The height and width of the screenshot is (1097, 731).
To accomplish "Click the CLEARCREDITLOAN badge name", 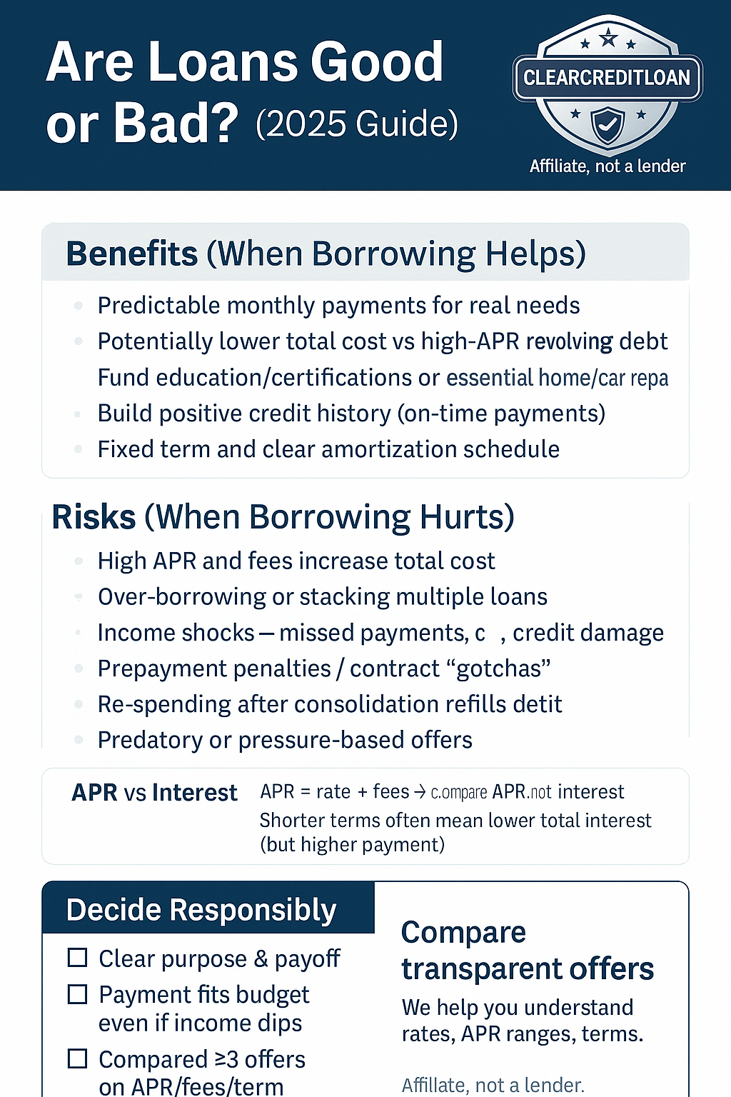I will click(x=607, y=78).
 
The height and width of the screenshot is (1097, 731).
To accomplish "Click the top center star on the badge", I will click(x=608, y=37).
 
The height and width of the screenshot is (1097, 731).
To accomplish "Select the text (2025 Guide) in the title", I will click(x=357, y=124).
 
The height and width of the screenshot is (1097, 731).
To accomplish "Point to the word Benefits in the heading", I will click(x=132, y=254).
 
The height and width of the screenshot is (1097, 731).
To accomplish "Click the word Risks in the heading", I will click(x=94, y=517).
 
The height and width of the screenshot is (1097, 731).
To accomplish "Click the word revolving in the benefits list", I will click(x=569, y=341).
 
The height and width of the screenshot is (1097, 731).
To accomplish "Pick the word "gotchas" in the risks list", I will click(x=503, y=668).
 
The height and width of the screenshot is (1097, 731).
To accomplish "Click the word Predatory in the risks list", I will click(x=150, y=740).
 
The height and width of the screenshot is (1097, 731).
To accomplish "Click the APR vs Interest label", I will click(x=154, y=793).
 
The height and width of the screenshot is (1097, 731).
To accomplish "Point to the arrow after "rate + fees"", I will click(x=420, y=791).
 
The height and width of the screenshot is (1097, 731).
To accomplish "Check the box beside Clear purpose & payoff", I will click(x=77, y=958).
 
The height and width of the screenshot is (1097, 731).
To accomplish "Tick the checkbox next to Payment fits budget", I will click(x=77, y=994).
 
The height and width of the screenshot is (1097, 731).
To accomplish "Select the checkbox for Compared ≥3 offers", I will click(x=77, y=1058).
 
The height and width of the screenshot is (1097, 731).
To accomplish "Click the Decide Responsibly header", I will click(x=201, y=910).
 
